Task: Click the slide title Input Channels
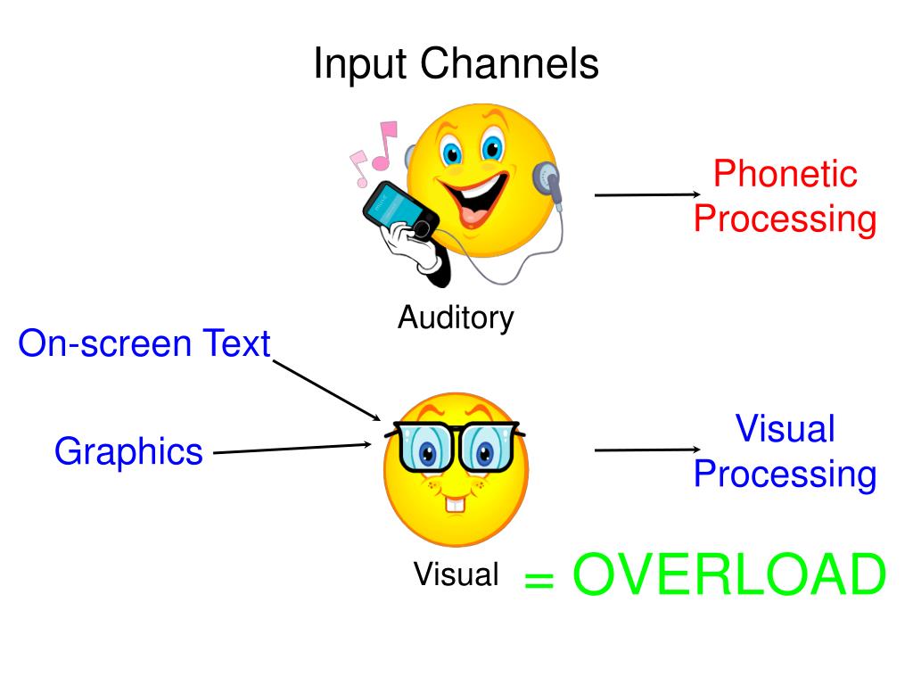[x=456, y=65]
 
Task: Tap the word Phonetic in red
[x=785, y=174]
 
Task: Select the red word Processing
[x=785, y=219]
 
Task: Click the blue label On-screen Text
[x=144, y=343]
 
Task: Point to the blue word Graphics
[x=128, y=452]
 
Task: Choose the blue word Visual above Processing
[x=785, y=429]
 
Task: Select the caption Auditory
[x=456, y=317]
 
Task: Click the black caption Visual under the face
[x=456, y=574]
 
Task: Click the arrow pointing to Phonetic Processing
[x=647, y=194]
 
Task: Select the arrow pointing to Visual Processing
[x=647, y=450]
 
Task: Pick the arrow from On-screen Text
[x=326, y=390]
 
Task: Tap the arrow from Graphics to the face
[x=292, y=449]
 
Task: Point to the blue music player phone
[x=399, y=210]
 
